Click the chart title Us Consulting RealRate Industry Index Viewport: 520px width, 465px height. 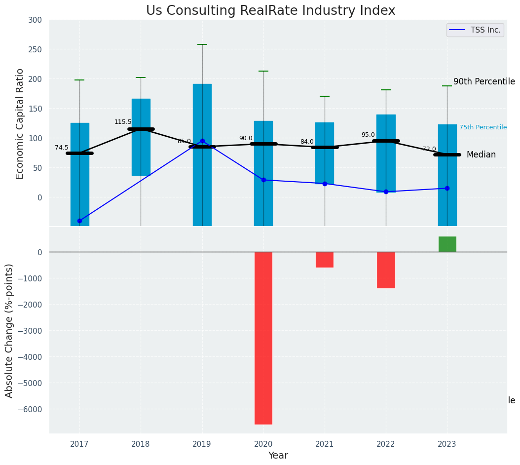(x=270, y=11)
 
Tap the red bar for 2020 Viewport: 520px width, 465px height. (x=263, y=338)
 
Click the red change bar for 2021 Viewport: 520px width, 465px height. (x=325, y=260)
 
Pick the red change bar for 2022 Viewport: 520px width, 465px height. (x=386, y=270)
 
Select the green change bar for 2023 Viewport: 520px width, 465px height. (x=447, y=244)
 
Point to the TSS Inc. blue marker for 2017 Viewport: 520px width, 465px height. (x=79, y=221)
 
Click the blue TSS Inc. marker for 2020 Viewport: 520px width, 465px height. (x=263, y=180)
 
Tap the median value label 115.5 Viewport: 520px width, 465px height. (x=123, y=122)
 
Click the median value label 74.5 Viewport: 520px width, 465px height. (x=62, y=148)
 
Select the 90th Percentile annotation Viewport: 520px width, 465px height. (x=484, y=82)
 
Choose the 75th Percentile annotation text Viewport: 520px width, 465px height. (x=483, y=127)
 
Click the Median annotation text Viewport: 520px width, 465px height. (x=481, y=155)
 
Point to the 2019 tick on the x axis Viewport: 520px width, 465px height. (x=202, y=444)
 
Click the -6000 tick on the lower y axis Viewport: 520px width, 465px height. (x=31, y=409)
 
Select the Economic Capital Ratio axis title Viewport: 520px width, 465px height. (x=20, y=123)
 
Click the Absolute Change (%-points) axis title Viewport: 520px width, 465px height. (x=9, y=330)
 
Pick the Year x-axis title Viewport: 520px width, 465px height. (x=278, y=456)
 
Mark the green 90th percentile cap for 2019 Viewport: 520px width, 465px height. (x=202, y=44)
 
